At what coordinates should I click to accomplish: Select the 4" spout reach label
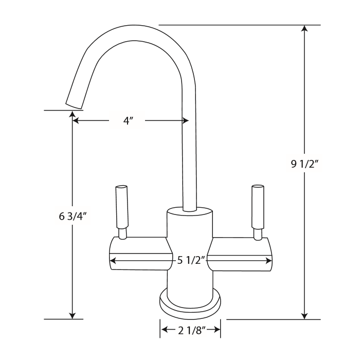pyautogui.click(x=128, y=121)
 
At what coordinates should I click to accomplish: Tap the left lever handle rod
pyautogui.click(x=122, y=208)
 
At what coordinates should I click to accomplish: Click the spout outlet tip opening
pyautogui.click(x=74, y=104)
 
